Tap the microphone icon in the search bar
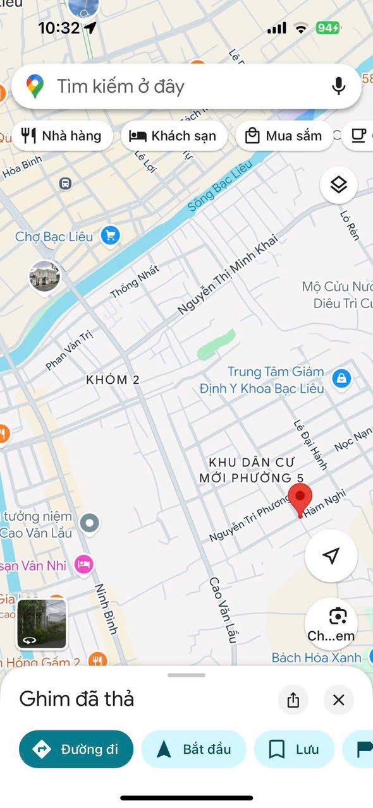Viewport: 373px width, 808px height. pyautogui.click(x=339, y=86)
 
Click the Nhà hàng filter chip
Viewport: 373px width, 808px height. pyautogui.click(x=62, y=136)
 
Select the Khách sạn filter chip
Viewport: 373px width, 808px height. pyautogui.click(x=173, y=136)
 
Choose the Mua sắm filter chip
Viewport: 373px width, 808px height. pyautogui.click(x=284, y=136)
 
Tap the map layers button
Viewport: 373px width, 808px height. pyautogui.click(x=339, y=186)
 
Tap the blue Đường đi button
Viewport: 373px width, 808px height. pyautogui.click(x=76, y=749)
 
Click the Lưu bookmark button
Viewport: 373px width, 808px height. pyautogui.click(x=294, y=749)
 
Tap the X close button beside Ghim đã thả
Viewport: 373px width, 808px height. pyautogui.click(x=339, y=699)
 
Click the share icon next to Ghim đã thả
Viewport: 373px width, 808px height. pyautogui.click(x=293, y=699)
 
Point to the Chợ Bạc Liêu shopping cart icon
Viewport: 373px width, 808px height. pyautogui.click(x=111, y=237)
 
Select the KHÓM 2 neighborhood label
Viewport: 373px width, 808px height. pyautogui.click(x=113, y=380)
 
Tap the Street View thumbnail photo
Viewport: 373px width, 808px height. pyautogui.click(x=41, y=624)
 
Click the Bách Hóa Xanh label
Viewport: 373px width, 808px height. pyautogui.click(x=316, y=658)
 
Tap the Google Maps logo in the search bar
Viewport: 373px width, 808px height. pyautogui.click(x=35, y=86)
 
